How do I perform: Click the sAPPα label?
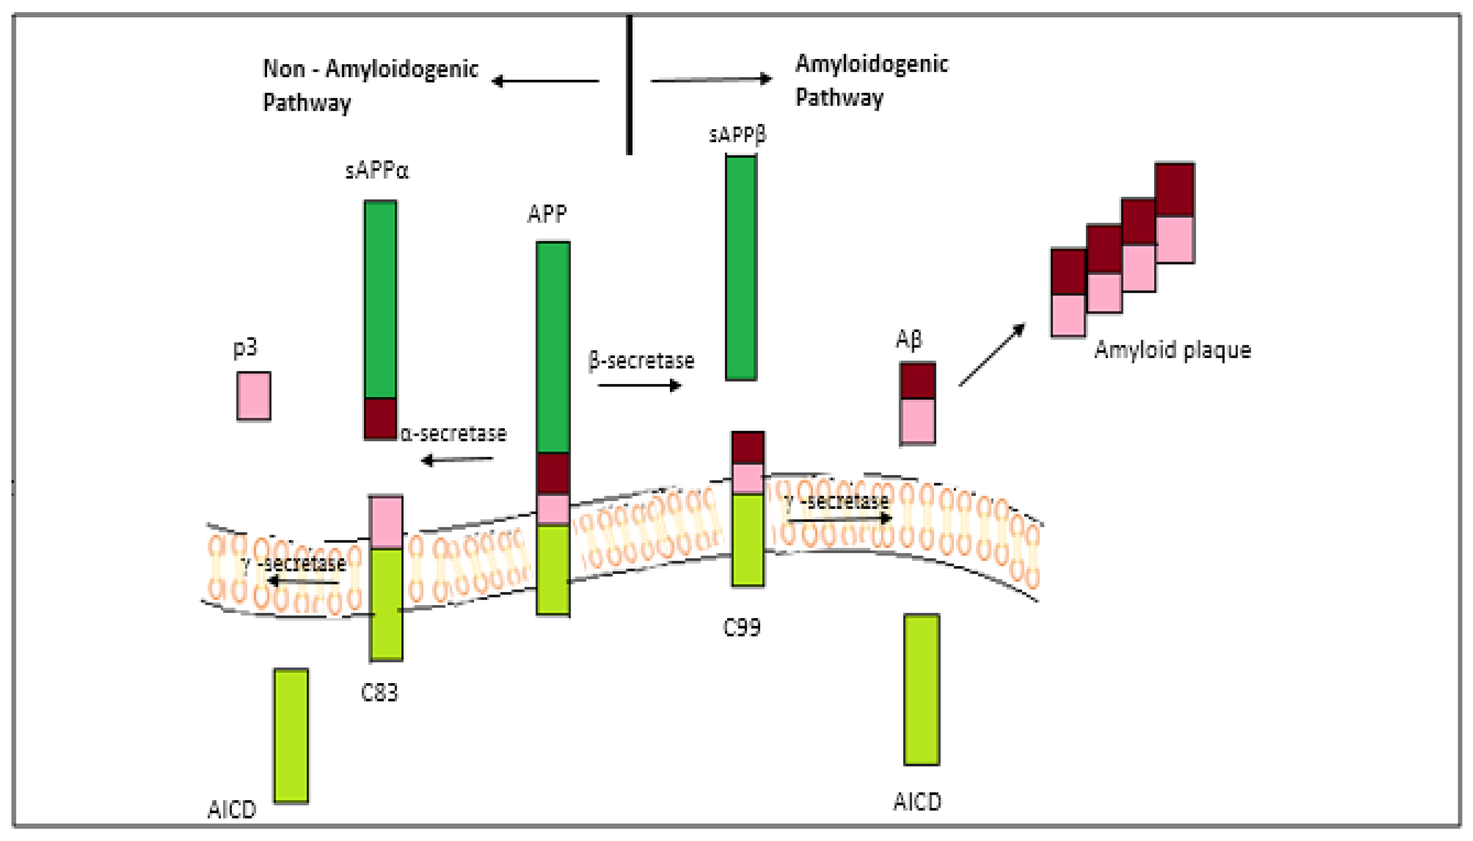tap(377, 171)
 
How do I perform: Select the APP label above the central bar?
tap(547, 214)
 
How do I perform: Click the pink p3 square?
tap(253, 396)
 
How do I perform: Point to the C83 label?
tap(380, 692)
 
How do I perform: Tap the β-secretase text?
tap(641, 360)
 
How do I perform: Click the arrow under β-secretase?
tap(640, 385)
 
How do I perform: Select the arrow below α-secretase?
tap(457, 460)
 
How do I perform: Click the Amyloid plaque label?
tap(1172, 350)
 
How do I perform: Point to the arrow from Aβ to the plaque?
tap(991, 355)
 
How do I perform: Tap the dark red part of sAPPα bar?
tap(380, 418)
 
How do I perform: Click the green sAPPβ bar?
tap(741, 268)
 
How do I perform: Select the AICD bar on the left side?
tap(291, 735)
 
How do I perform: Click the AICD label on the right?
tap(917, 802)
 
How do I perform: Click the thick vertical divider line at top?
tap(629, 85)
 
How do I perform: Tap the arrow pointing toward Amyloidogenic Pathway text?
tap(712, 80)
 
